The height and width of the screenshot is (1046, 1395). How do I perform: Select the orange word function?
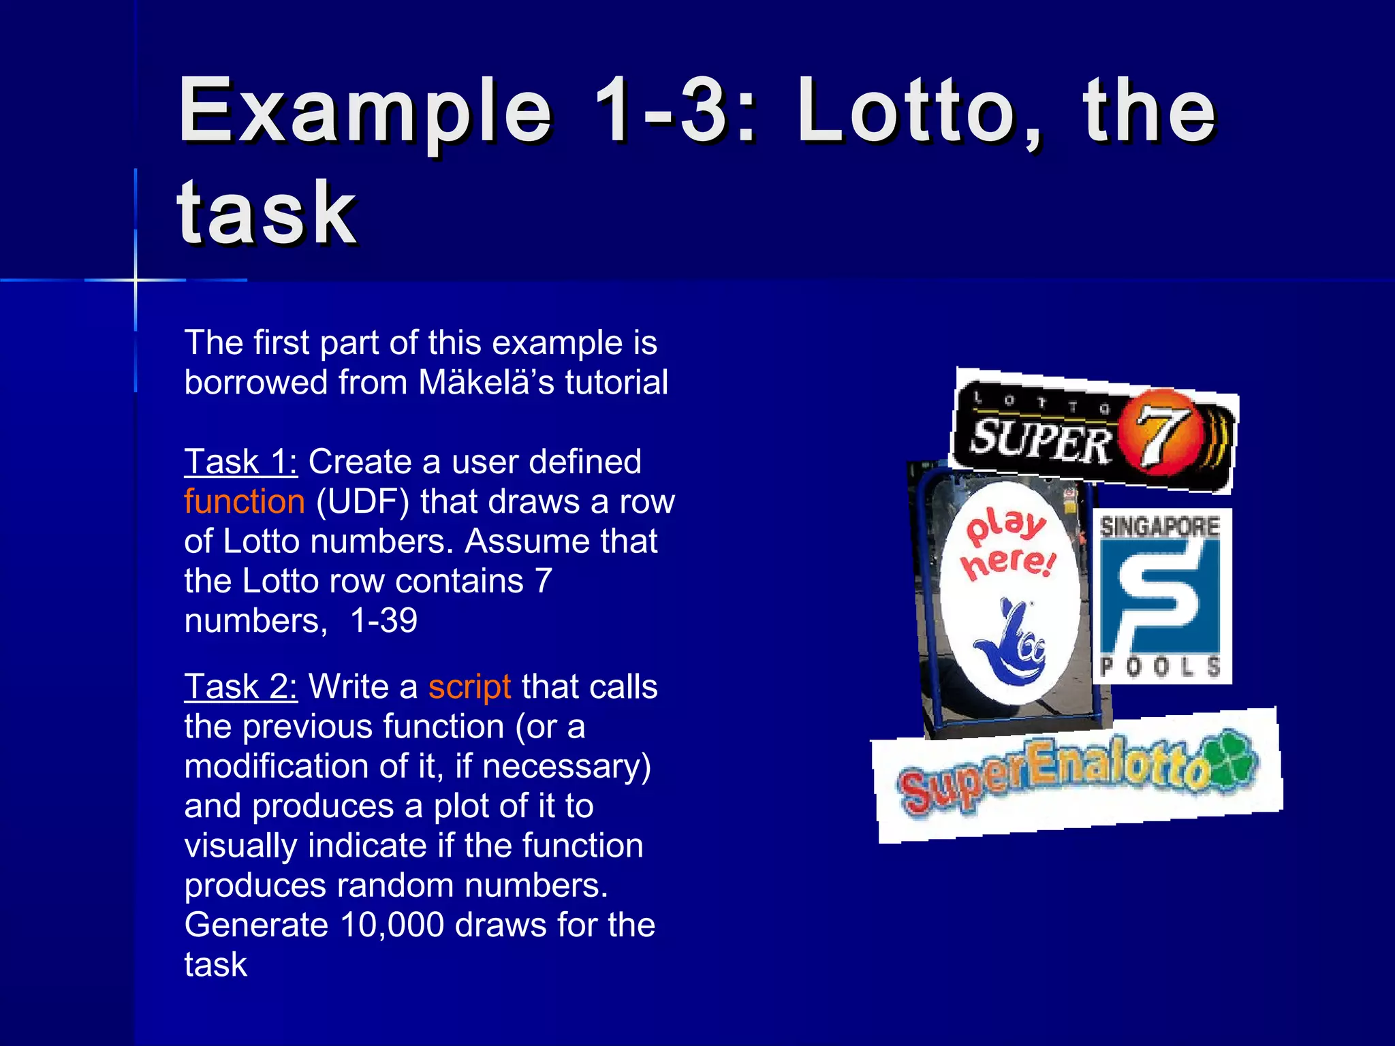[244, 502]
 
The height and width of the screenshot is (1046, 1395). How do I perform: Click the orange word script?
[469, 686]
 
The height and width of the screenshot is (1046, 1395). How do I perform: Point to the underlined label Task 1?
[240, 462]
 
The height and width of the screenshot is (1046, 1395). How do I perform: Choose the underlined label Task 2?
[240, 686]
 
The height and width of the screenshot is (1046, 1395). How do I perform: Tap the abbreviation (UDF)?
[362, 502]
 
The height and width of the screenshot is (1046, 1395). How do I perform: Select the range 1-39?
[383, 621]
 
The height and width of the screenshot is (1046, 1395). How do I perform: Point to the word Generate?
[256, 925]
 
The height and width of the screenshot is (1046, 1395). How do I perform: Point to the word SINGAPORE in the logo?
[1159, 526]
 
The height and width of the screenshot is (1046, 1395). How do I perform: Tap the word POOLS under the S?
[1159, 665]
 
